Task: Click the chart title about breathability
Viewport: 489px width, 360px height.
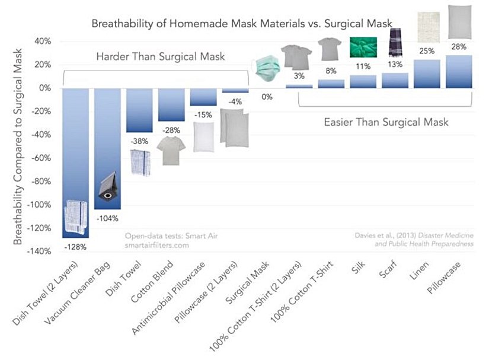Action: (x=242, y=24)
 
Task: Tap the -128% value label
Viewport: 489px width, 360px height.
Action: (x=76, y=246)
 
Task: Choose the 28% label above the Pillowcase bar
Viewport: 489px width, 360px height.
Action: (x=459, y=46)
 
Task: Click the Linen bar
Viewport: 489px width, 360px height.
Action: (x=427, y=74)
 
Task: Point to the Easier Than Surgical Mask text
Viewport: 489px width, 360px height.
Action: (x=386, y=123)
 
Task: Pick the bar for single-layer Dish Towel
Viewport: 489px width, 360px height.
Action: (x=139, y=110)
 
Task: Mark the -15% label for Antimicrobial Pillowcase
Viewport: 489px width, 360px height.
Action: (x=203, y=114)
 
